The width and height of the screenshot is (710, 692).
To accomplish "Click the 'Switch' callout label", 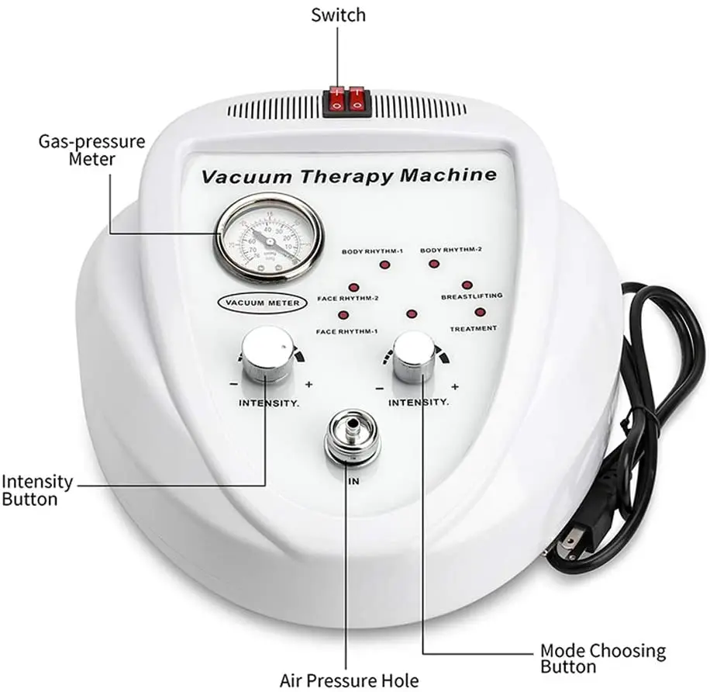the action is click(338, 15).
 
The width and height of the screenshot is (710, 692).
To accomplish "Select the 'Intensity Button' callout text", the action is click(37, 490).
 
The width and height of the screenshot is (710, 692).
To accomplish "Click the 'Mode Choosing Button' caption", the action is click(602, 658).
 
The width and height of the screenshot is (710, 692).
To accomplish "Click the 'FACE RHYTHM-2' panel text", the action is click(348, 298).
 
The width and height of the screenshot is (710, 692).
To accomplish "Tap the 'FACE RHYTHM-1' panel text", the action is click(347, 331).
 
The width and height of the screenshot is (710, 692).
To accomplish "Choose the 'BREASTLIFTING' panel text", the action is click(471, 296).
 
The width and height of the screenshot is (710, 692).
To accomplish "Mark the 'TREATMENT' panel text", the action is click(473, 328).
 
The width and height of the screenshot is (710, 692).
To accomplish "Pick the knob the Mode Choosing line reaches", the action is click(413, 357).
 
